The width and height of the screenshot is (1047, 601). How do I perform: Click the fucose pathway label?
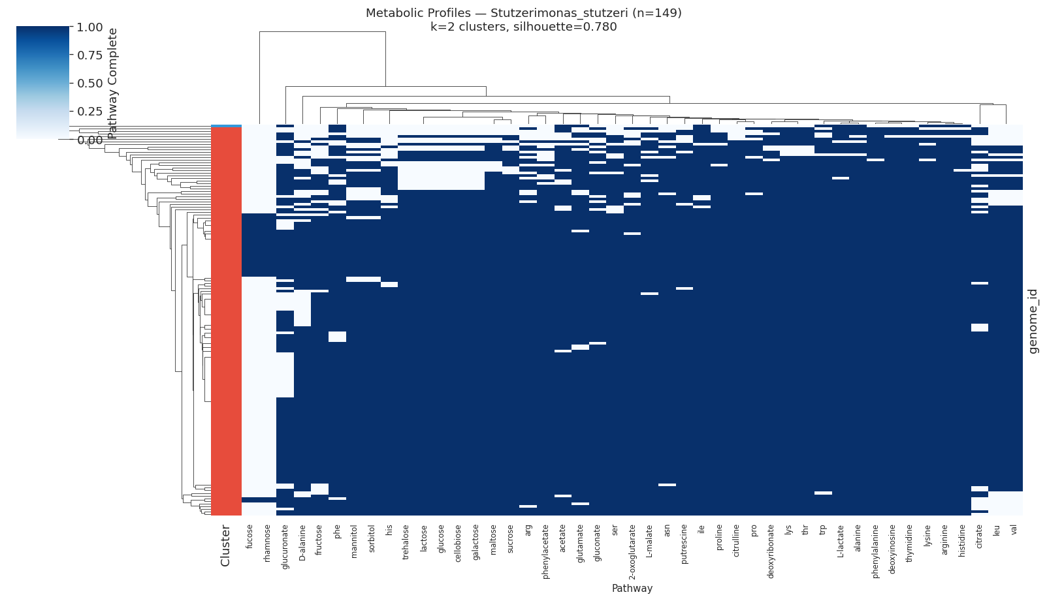point(250,536)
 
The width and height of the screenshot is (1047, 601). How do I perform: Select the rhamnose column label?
point(267,541)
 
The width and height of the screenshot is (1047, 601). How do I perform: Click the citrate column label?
point(979,538)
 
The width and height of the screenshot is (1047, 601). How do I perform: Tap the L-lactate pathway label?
point(841,541)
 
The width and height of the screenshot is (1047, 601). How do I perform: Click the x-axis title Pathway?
point(632,588)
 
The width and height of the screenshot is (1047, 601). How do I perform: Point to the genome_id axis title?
point(1033,321)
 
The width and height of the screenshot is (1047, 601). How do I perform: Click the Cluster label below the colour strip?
point(225,545)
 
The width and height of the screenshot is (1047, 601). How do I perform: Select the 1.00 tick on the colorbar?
point(89,27)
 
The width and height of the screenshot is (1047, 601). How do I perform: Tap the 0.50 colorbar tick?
point(89,84)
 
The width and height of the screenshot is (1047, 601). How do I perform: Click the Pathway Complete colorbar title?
point(112,83)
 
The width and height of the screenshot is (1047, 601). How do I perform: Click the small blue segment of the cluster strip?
point(226,126)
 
